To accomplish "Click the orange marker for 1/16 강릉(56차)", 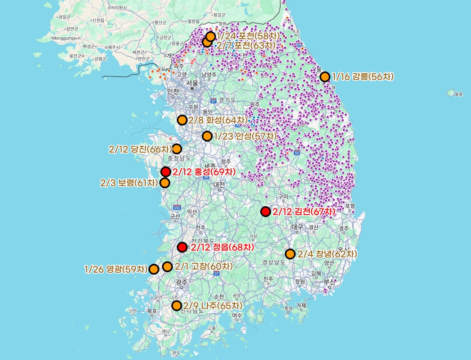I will coord(324,77).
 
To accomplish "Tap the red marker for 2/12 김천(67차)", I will coord(265,211).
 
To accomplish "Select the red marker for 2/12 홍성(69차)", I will coord(165,172).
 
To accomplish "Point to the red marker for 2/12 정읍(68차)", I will coord(182,247).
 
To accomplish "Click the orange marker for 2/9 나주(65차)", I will coord(177,305).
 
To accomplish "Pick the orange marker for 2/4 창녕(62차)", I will coord(290,254).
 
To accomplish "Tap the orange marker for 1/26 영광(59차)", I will coord(153,269).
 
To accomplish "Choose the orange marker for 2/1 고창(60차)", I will coord(167,267).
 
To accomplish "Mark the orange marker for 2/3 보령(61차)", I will coord(165,183).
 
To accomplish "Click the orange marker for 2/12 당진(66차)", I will coord(176,149).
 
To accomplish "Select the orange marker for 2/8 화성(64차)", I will coord(182,120).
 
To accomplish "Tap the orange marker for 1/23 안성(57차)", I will coord(207,136).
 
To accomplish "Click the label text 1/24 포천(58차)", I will coord(248,36).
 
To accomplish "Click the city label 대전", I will coord(219,185).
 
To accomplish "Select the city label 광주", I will coord(182,282).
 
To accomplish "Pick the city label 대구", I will coord(297,227).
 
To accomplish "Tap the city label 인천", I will coord(173,91).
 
